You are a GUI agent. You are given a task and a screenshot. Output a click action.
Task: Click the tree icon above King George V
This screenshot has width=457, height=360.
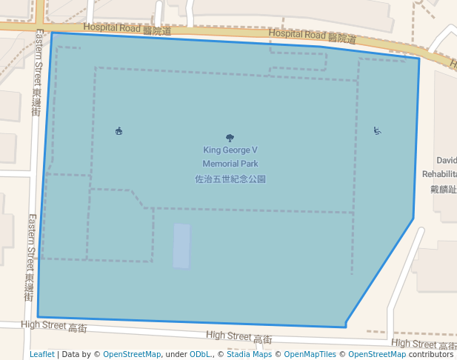(230, 137)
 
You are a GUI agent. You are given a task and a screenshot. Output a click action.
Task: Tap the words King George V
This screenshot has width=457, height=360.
(230, 150)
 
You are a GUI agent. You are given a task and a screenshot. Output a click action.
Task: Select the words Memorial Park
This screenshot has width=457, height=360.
(230, 164)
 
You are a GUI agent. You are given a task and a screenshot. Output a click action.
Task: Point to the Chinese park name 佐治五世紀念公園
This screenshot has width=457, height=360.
(230, 179)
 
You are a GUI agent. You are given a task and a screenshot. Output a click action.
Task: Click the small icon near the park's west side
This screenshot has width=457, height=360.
(119, 131)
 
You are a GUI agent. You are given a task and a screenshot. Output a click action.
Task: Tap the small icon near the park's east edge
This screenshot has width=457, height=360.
(377, 131)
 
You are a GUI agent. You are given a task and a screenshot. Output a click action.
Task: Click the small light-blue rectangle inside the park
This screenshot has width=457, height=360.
(181, 246)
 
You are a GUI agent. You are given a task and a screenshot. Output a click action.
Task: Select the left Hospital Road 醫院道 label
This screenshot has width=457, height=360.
(127, 29)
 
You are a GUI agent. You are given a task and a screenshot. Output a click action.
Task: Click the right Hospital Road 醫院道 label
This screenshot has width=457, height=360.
(312, 35)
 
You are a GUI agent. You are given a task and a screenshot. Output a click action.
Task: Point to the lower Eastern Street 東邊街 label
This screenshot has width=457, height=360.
(30, 257)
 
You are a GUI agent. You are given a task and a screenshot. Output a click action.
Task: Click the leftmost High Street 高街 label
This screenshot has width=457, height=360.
(54, 326)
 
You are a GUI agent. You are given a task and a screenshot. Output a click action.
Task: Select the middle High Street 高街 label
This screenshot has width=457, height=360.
(239, 337)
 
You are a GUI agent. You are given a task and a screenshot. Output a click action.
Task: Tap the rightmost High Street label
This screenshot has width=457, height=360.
(423, 344)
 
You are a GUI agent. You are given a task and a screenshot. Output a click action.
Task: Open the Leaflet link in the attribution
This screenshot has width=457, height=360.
(42, 354)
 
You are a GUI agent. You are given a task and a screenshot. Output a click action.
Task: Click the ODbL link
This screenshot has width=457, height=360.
(199, 354)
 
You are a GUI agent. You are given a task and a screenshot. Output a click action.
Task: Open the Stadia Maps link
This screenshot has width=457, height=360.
(249, 354)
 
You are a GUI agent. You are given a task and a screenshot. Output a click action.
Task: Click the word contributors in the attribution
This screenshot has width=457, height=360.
(430, 354)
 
